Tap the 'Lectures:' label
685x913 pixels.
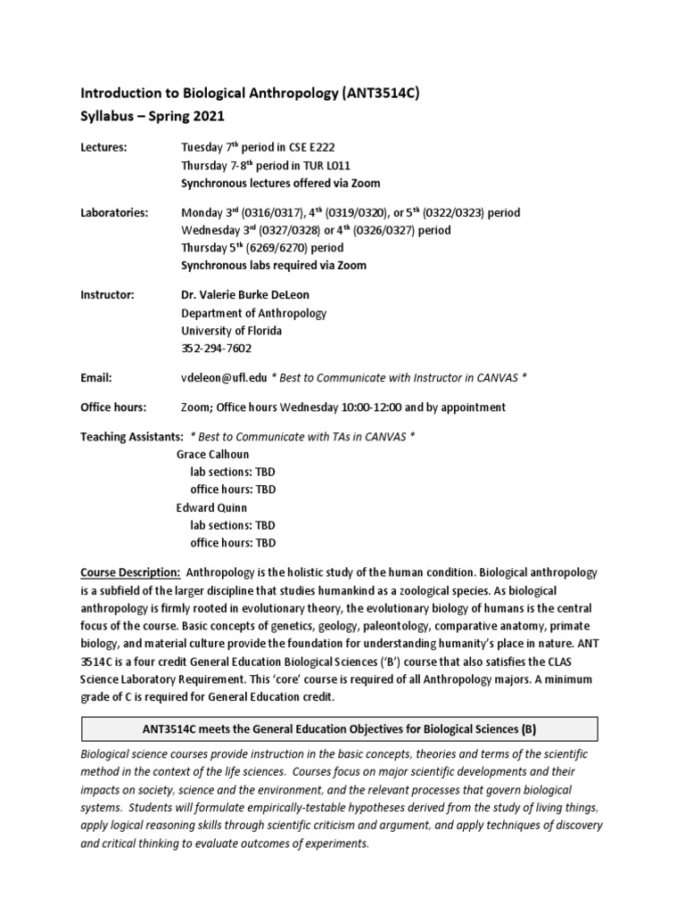[104, 148]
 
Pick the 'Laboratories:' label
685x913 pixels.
[114, 213]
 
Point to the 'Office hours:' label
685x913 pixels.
[113, 407]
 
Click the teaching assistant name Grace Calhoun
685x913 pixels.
[213, 454]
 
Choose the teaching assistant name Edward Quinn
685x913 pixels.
[210, 507]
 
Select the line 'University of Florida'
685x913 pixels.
[230, 331]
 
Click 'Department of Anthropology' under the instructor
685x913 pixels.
[254, 313]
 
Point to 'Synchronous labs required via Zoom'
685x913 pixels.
[273, 266]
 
